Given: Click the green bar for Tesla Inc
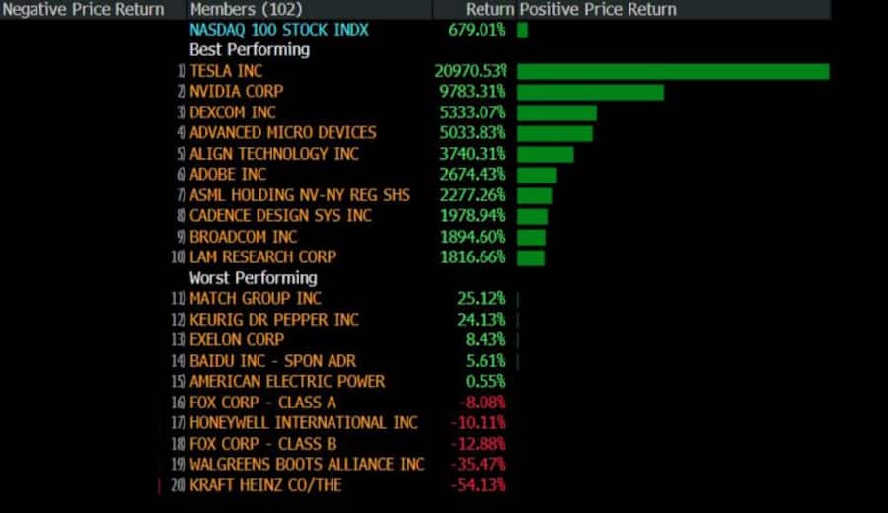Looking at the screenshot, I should (673, 71).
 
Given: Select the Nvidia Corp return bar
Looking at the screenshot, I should (590, 92).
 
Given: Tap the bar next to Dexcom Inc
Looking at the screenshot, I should (556, 112).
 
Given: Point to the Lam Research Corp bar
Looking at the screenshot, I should (531, 257).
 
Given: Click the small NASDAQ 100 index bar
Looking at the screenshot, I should (522, 30).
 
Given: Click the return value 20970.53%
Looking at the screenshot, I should (471, 71).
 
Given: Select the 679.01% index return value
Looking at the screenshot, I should (477, 30).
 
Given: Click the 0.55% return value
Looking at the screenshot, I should (484, 381).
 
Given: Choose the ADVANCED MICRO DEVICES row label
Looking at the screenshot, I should (282, 133).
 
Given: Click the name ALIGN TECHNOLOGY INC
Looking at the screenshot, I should (274, 154).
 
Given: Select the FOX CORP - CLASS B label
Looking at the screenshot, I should (262, 443).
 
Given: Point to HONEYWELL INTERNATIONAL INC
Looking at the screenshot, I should (304, 422).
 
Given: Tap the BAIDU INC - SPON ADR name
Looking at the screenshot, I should (272, 360).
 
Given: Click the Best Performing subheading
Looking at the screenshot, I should (249, 49).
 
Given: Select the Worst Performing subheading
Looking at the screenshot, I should (255, 278).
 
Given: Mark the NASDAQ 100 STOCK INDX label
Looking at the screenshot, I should (278, 30).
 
